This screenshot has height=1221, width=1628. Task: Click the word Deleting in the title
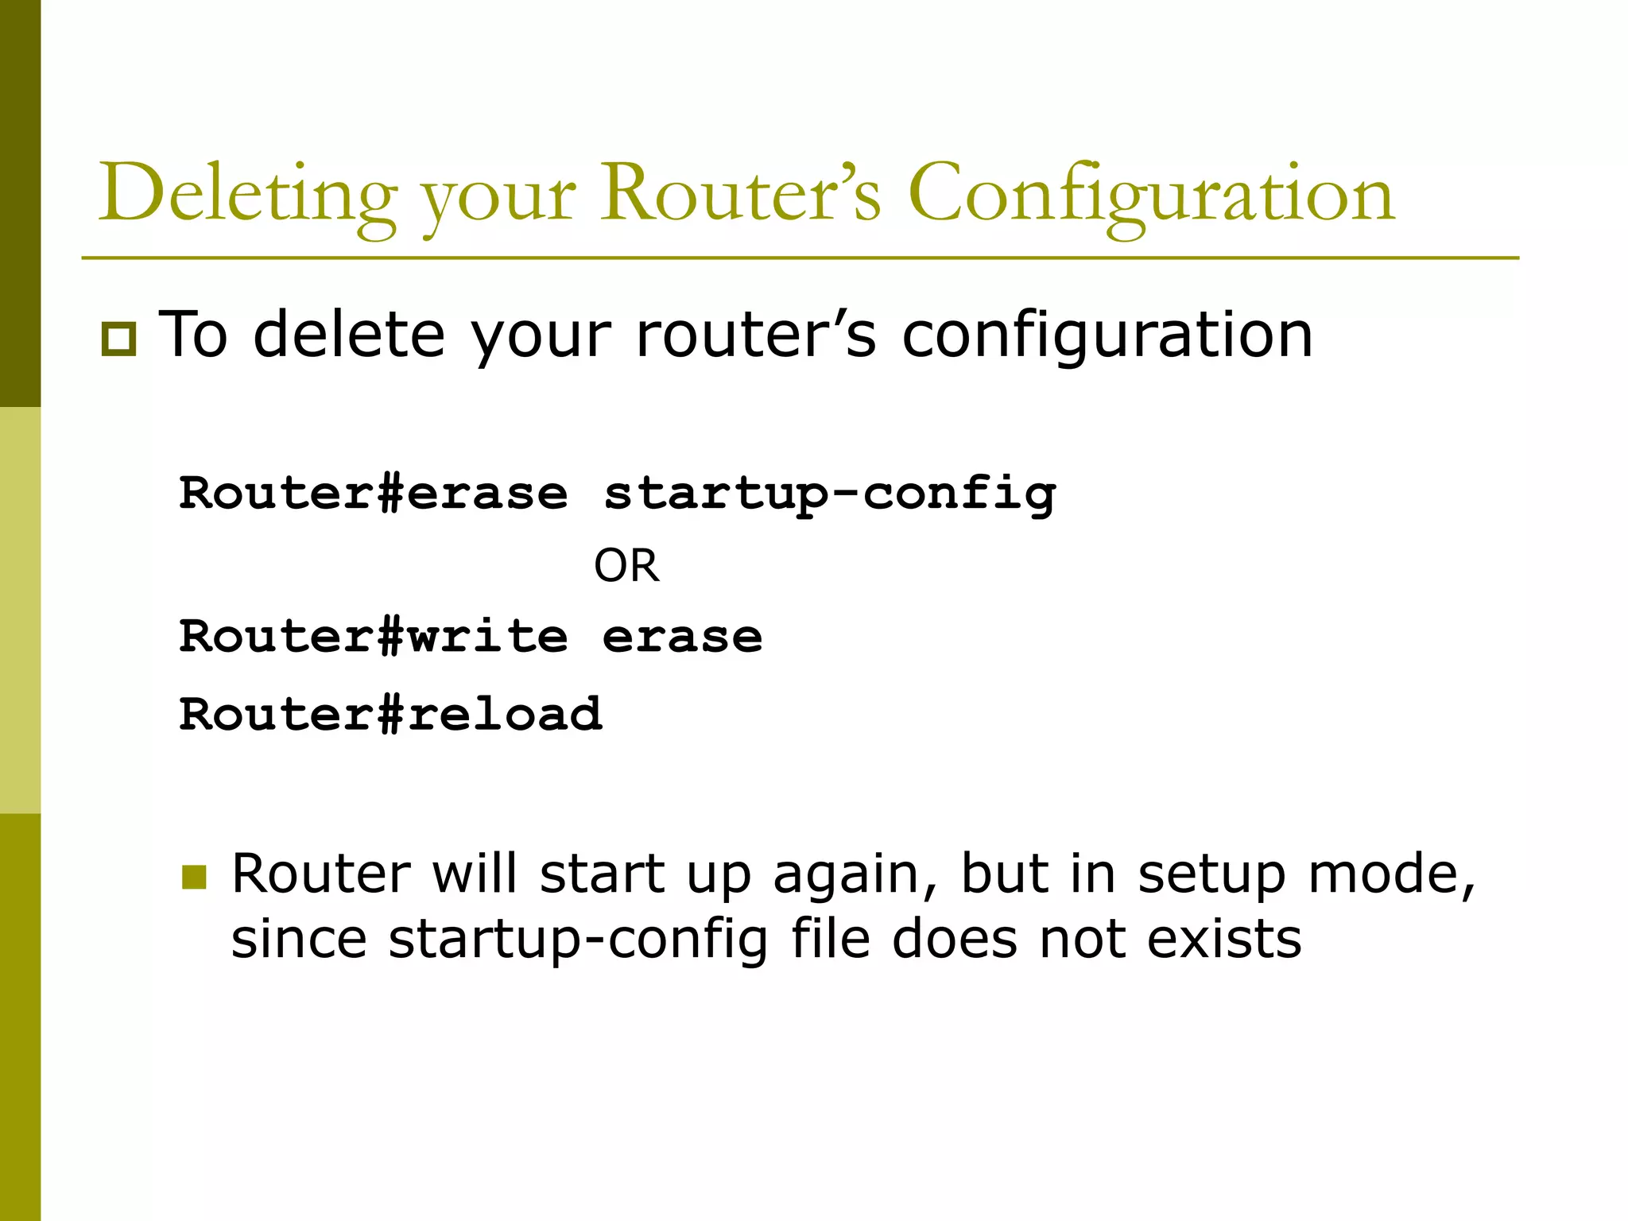pyautogui.click(x=247, y=195)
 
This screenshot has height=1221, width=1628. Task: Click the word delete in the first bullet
pyautogui.click(x=349, y=335)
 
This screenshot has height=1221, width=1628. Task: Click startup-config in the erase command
pyautogui.click(x=829, y=494)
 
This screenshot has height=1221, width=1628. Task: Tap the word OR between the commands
pyautogui.click(x=626, y=566)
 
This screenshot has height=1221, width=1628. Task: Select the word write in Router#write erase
pyautogui.click(x=488, y=637)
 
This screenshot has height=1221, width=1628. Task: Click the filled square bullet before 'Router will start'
pyautogui.click(x=194, y=877)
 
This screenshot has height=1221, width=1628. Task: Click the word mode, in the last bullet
pyautogui.click(x=1392, y=874)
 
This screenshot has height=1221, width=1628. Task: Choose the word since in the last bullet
pyautogui.click(x=298, y=939)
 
